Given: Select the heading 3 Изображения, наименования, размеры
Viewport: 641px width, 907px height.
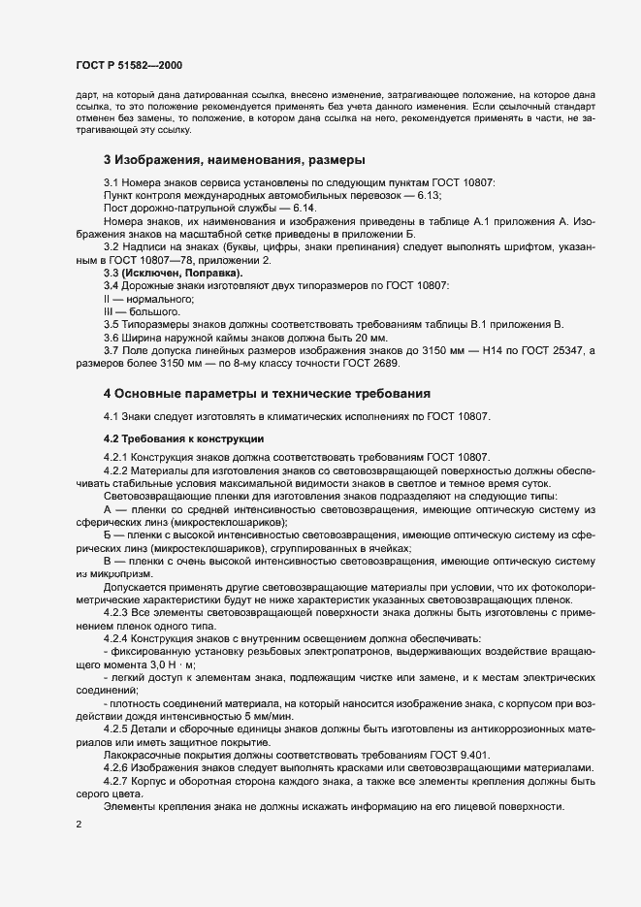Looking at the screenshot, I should pyautogui.click(x=234, y=159).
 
